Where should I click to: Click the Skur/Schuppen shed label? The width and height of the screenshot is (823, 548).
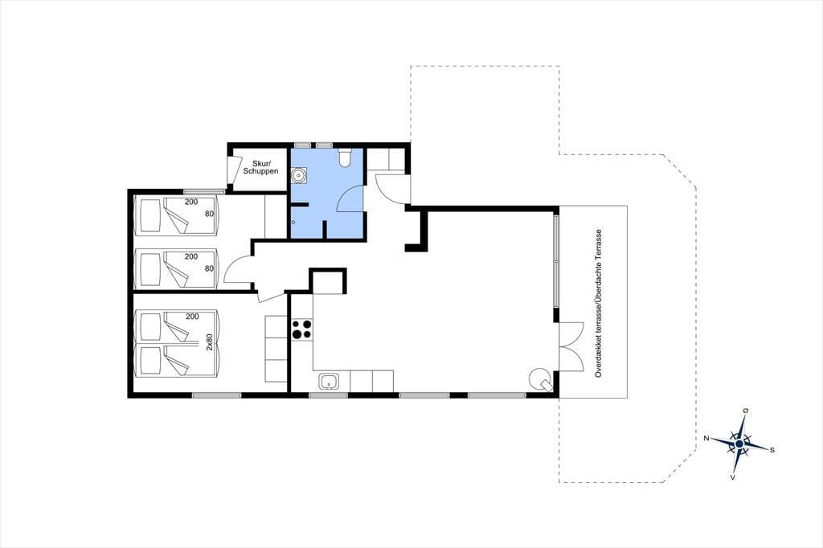pyautogui.click(x=260, y=167)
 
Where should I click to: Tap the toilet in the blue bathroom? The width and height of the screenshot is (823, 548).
pyautogui.click(x=345, y=157)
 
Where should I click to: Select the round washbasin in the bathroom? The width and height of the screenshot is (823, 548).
pyautogui.click(x=300, y=174)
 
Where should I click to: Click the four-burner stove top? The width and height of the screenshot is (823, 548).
pyautogui.click(x=302, y=329)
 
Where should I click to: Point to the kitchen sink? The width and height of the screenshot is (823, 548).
pyautogui.click(x=329, y=382)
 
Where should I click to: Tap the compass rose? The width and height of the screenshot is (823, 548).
pyautogui.click(x=739, y=444)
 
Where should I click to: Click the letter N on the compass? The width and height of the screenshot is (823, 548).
pyautogui.click(x=707, y=438)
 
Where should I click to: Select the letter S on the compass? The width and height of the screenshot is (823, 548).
pyautogui.click(x=772, y=450)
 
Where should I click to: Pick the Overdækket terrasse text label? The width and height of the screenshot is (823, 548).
pyautogui.click(x=598, y=304)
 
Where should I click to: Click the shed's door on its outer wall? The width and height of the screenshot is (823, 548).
pyautogui.click(x=230, y=170)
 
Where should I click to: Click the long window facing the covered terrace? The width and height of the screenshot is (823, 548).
pyautogui.click(x=556, y=261)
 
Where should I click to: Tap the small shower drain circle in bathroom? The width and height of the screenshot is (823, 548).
pyautogui.click(x=293, y=222)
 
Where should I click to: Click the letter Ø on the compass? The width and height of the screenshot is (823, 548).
pyautogui.click(x=745, y=411)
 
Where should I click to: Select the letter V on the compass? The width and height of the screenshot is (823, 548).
pyautogui.click(x=733, y=477)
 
